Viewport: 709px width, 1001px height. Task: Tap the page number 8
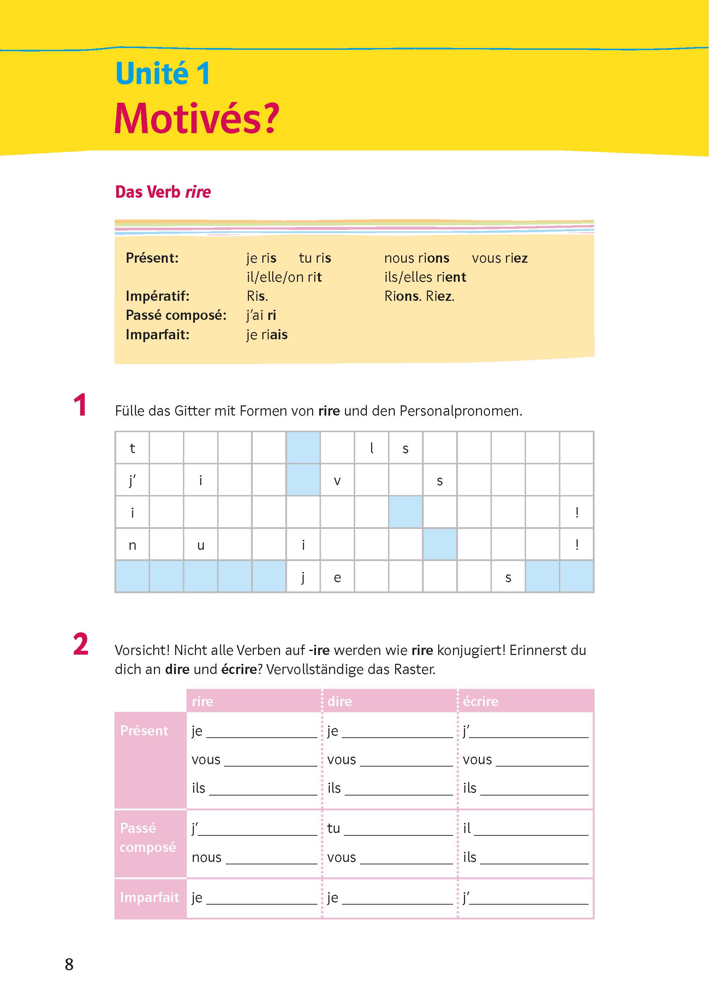(69, 964)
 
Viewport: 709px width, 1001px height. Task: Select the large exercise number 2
(81, 644)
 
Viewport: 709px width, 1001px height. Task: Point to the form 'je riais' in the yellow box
(267, 335)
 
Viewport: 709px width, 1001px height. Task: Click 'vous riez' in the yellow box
(500, 258)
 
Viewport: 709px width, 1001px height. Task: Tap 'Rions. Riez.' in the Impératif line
(419, 296)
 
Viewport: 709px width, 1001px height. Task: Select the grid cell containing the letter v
(337, 480)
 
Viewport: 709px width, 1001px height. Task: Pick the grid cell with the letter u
(201, 545)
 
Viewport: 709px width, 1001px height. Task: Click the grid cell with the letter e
(337, 577)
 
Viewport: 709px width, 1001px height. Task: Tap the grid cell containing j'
(132, 480)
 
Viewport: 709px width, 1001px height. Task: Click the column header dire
(340, 701)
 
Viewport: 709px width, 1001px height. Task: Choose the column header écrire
(480, 701)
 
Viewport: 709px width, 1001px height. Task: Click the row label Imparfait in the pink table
(149, 897)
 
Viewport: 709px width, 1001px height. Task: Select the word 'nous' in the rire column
(207, 857)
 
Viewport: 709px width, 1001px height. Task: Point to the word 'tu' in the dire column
(334, 828)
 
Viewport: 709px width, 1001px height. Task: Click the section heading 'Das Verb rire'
(163, 192)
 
